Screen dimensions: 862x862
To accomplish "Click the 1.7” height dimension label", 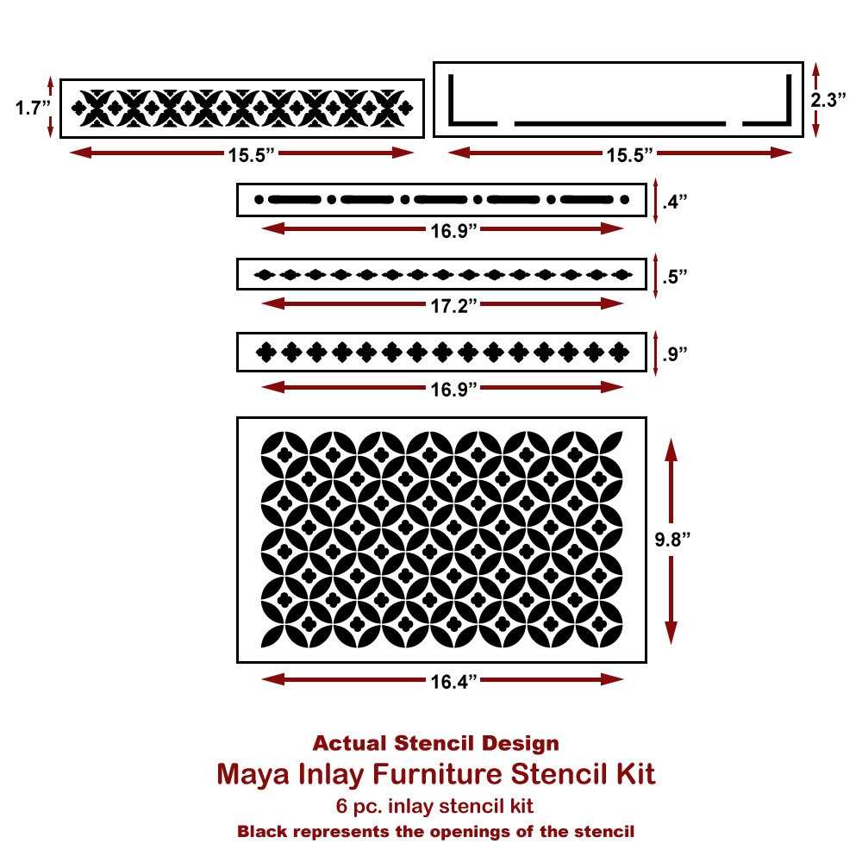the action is [33, 108].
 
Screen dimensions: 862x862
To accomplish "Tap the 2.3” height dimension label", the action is [828, 99].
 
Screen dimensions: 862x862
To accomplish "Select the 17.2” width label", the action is [453, 305].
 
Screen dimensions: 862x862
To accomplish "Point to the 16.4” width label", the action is [453, 681].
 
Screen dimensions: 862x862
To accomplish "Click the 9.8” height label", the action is [671, 540].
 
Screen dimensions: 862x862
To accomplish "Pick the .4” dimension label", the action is [675, 202].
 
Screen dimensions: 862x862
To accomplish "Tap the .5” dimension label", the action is [675, 277].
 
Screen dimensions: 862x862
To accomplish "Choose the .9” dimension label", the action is [675, 354].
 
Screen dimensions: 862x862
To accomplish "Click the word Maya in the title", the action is [253, 775].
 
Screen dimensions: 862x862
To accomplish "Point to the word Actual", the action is [349, 743].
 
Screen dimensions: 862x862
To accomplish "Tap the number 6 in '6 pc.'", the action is [342, 807].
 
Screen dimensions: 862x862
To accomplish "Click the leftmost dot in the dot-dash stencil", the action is [259, 200].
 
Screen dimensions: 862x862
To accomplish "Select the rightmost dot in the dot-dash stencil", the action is [624, 200].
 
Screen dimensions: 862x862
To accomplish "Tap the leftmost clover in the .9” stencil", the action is [266, 353].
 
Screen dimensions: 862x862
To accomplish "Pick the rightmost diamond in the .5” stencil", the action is [622, 274].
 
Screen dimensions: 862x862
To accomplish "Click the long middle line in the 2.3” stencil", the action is [620, 123].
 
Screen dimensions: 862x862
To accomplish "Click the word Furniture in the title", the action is [438, 774].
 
